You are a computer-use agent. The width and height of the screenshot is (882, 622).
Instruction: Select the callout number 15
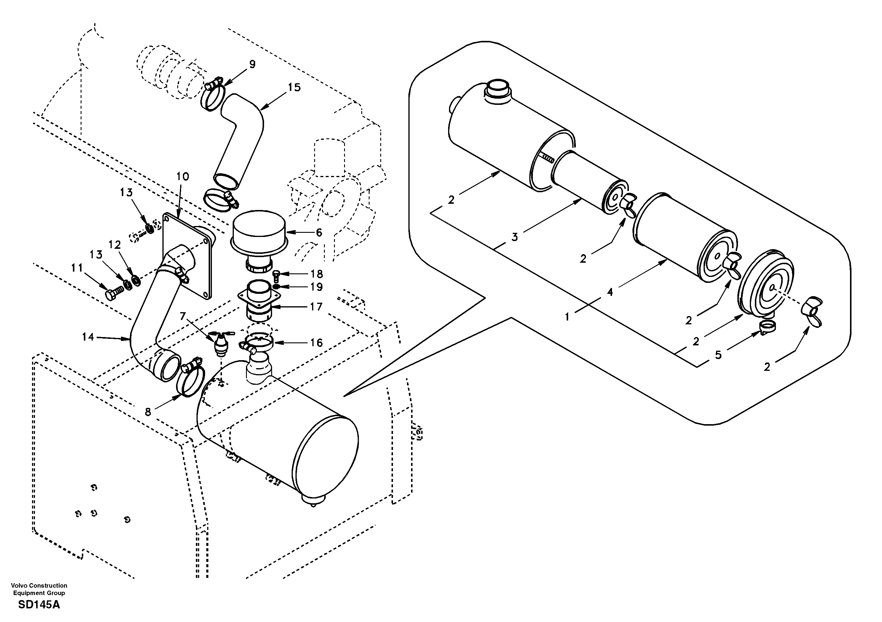click(x=294, y=88)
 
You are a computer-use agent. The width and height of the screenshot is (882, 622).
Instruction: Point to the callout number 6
click(x=319, y=233)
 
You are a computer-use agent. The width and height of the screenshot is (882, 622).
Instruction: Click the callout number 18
click(x=317, y=274)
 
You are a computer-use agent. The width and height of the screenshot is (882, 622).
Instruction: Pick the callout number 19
click(x=317, y=287)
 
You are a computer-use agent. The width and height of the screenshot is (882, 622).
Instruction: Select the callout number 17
click(x=317, y=307)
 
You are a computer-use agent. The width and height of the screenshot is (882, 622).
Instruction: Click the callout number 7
click(x=183, y=316)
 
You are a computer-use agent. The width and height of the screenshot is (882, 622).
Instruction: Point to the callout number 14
click(x=88, y=337)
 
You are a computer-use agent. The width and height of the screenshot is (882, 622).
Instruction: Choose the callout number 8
click(x=148, y=412)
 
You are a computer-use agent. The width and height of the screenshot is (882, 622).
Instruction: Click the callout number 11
click(x=77, y=268)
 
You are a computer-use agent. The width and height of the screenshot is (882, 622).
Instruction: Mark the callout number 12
click(x=114, y=245)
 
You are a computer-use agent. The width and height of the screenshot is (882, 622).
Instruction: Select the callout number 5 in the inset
click(x=718, y=355)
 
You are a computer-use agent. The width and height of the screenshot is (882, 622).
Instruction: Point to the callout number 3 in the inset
click(x=515, y=237)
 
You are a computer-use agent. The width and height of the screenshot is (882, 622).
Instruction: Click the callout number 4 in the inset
click(x=610, y=293)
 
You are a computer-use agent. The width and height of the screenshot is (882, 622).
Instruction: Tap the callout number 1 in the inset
click(x=567, y=317)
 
